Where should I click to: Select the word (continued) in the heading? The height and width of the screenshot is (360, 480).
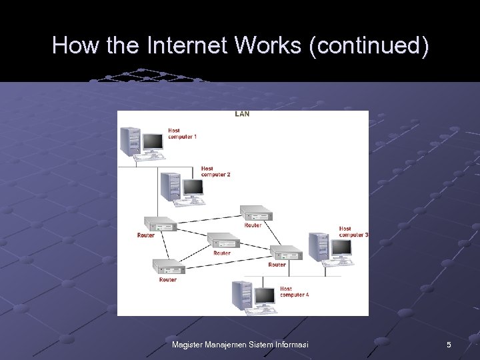pos(369,45)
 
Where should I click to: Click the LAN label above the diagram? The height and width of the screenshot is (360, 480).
pos(242,114)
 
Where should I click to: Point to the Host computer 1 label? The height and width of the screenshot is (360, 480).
pos(182,133)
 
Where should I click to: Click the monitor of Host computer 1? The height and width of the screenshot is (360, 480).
pos(153,141)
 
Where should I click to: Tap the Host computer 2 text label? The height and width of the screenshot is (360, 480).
pos(215,171)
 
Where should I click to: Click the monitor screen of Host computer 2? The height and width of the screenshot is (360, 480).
pos(193,187)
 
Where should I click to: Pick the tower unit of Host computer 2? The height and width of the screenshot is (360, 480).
pos(171,186)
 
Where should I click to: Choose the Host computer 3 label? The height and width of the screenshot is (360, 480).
pos(353,231)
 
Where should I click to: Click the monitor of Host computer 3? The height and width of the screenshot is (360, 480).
pos(341,248)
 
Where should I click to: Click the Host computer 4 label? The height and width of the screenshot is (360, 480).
pos(294,292)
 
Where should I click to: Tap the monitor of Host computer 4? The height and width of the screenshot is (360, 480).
pos(265,295)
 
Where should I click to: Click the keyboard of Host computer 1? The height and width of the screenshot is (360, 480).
pos(149,157)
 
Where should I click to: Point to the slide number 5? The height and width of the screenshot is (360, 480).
pos(449,345)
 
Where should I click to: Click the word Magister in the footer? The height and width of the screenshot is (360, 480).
pos(188,345)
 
